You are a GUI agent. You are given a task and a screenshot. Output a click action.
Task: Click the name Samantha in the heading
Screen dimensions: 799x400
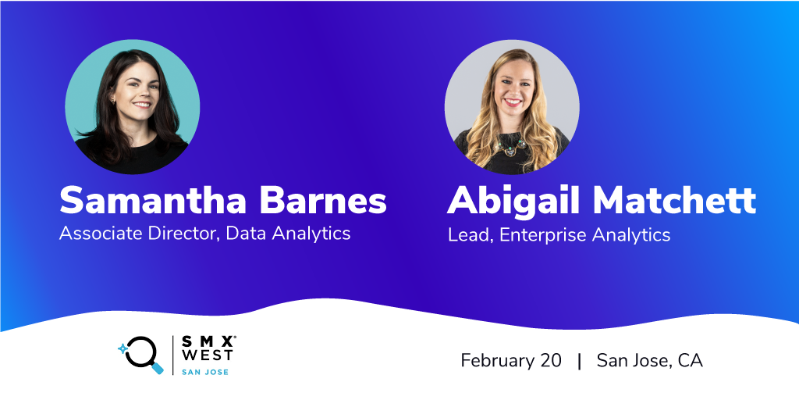[x=155, y=200]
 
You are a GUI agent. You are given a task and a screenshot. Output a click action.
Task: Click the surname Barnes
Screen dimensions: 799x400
[x=323, y=200]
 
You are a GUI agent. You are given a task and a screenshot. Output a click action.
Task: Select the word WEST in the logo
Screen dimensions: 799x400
[x=208, y=355]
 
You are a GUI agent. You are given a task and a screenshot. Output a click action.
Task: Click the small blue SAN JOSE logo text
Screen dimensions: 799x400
[x=205, y=372]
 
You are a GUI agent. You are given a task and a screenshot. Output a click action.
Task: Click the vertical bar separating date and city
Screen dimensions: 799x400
[x=580, y=361]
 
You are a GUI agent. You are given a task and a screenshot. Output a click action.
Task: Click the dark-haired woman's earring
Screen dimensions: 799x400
[x=113, y=100]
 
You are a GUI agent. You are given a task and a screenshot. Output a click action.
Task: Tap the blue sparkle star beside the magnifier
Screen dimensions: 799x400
[x=123, y=349]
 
